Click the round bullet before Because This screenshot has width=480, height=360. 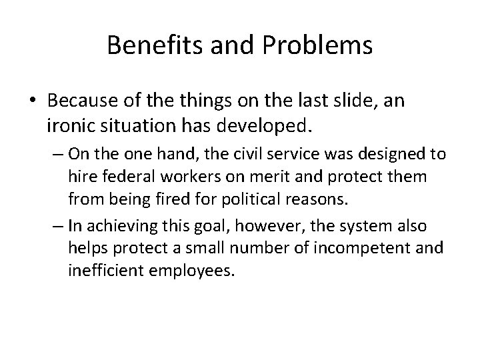[x=33, y=101]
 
